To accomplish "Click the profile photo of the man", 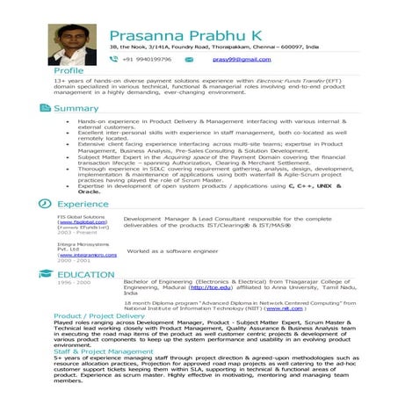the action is pyautogui.click(x=72, y=45).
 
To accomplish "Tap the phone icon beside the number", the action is pyautogui.click(x=113, y=59).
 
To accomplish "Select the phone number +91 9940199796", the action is pyautogui.click(x=148, y=59).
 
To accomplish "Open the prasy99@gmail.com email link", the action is pyautogui.click(x=242, y=59).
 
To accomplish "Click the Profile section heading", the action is pyautogui.click(x=69, y=70).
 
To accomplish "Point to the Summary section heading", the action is pyautogui.click(x=76, y=108).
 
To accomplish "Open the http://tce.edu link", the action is pyautogui.click(x=206, y=287).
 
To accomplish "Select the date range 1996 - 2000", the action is pyautogui.click(x=73, y=283).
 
